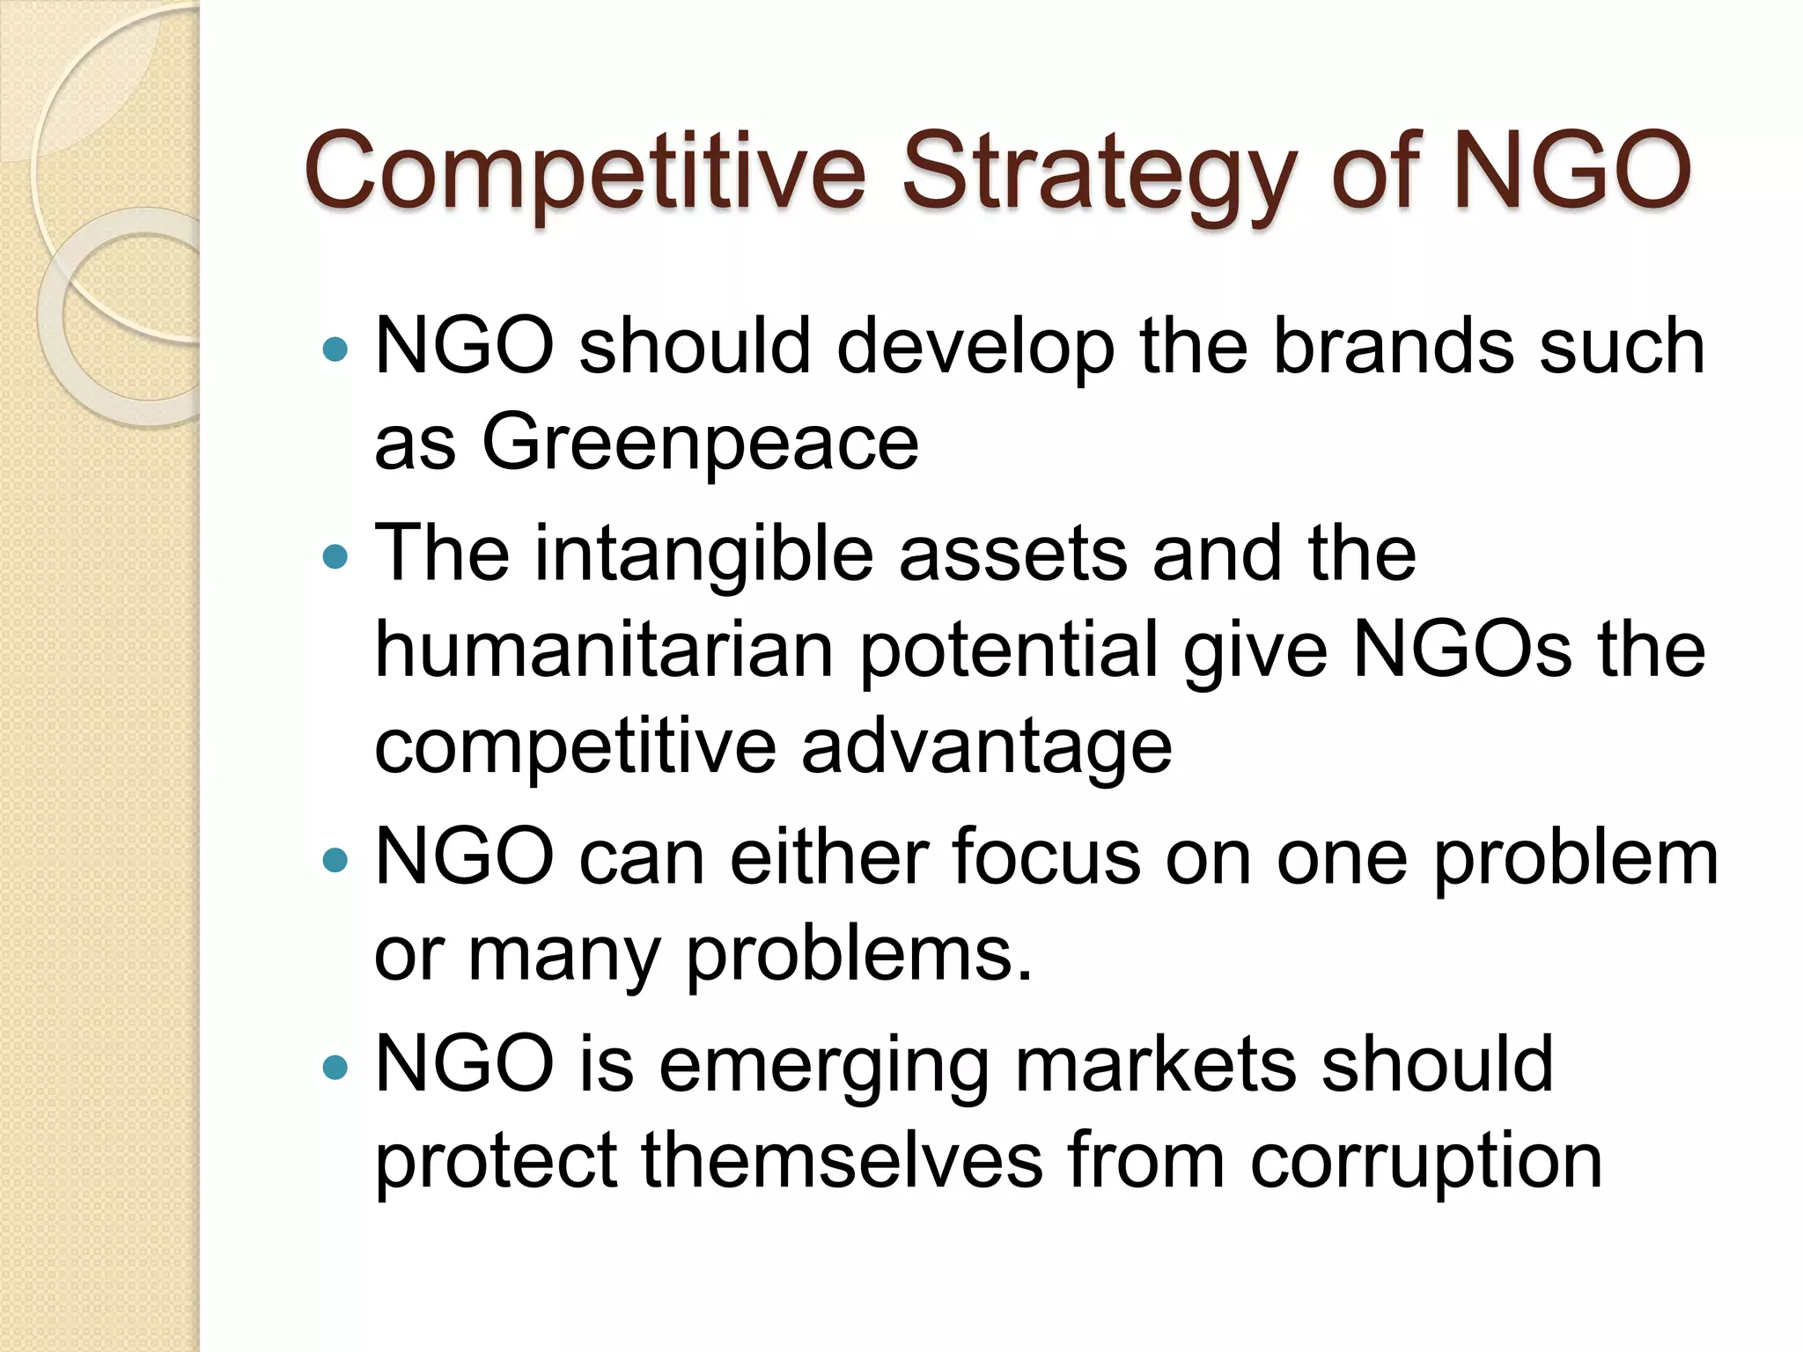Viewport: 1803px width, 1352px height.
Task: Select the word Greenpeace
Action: (700, 443)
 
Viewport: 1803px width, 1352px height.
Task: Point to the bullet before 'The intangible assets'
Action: (335, 556)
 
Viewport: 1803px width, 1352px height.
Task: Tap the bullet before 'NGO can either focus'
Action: (335, 859)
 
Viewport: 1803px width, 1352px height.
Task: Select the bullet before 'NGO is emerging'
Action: (335, 1068)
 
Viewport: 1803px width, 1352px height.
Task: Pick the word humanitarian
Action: (604, 651)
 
